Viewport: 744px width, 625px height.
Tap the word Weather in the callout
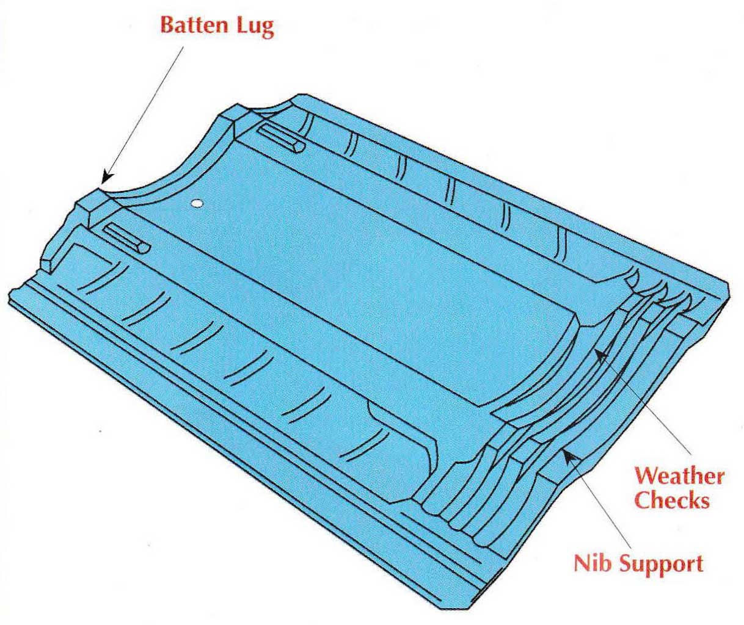click(679, 476)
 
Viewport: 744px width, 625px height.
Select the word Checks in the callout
click(672, 500)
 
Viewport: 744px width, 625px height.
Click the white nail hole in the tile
click(197, 203)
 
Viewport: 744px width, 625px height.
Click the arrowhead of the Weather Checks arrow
click(602, 356)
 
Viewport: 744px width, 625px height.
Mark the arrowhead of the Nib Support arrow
click(569, 457)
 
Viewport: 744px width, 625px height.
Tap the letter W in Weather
click(647, 476)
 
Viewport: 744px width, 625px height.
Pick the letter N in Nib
click(582, 564)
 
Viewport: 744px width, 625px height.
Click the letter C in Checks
click(643, 500)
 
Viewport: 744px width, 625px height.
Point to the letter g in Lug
click(267, 30)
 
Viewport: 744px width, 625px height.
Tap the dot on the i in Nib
click(595, 557)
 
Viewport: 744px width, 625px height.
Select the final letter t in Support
click(700, 565)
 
